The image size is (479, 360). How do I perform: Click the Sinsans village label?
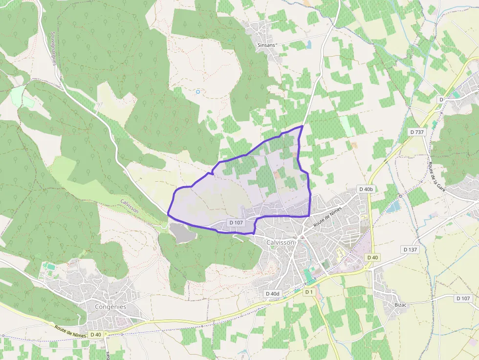(x=267, y=45)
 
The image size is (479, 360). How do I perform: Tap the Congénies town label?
(x=110, y=307)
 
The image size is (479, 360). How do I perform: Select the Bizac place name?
(x=400, y=305)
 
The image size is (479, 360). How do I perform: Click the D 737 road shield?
(x=417, y=132)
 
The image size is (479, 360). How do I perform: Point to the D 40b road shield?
(x=366, y=189)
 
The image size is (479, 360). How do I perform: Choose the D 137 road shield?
(x=411, y=249)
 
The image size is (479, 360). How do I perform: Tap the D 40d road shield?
(x=273, y=294)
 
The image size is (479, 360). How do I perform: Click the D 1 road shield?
(x=308, y=292)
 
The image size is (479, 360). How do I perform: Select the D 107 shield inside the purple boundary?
(x=236, y=223)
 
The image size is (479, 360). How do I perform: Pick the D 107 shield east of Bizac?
(x=463, y=298)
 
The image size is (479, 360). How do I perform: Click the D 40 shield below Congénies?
(x=95, y=335)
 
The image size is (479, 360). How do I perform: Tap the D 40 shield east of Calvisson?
(x=372, y=257)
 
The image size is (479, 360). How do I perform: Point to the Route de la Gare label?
(x=437, y=176)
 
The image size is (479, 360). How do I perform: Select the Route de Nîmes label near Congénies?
(x=70, y=332)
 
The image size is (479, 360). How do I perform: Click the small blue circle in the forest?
(x=198, y=92)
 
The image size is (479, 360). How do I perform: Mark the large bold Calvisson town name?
(x=281, y=242)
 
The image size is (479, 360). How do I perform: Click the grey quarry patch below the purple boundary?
(x=182, y=233)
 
